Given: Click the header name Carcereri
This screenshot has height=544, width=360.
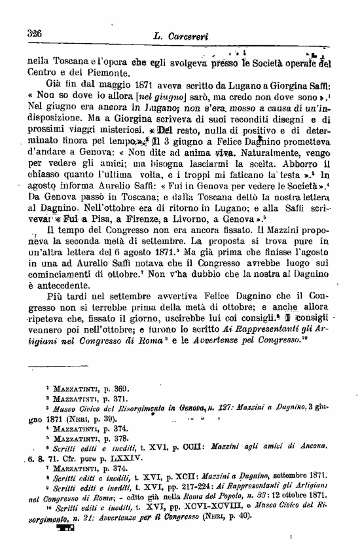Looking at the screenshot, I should [189, 37].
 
